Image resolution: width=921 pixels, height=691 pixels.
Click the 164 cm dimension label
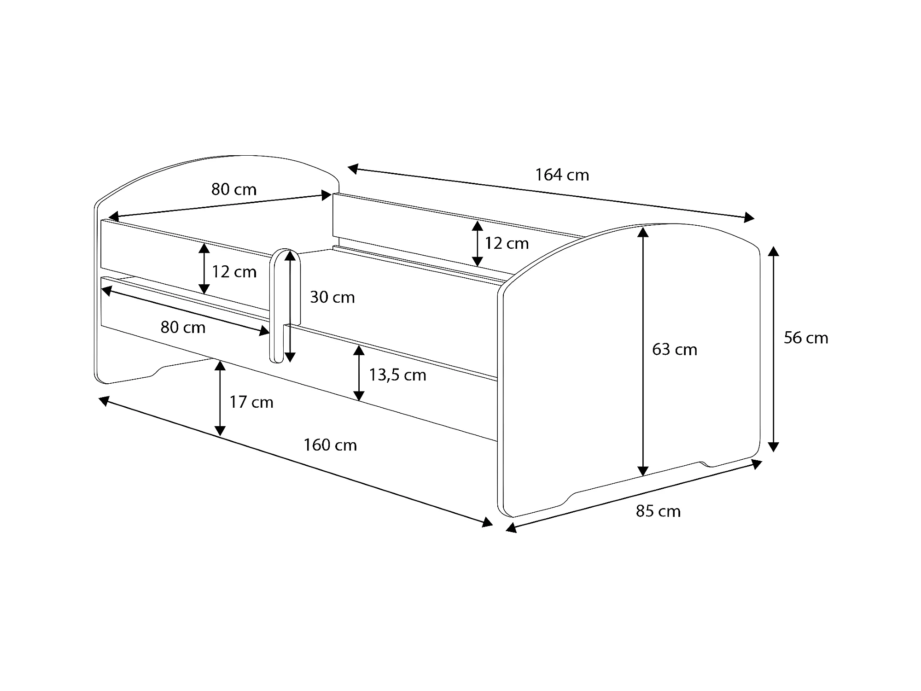[x=562, y=175]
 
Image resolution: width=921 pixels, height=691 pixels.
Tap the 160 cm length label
[x=330, y=445]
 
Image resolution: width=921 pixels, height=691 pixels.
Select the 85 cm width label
[x=658, y=511]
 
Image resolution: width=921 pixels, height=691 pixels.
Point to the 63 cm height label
[x=675, y=350]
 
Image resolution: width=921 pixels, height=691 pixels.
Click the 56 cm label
[x=806, y=338]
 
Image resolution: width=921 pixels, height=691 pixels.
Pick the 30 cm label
[x=332, y=298]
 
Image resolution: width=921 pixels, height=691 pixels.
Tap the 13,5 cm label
[x=397, y=375]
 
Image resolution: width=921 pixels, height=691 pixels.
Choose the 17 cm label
[x=251, y=402]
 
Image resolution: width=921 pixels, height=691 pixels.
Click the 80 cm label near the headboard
[x=234, y=189]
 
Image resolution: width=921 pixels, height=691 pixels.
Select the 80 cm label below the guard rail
[x=183, y=328]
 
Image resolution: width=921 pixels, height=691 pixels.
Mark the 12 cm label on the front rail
[x=234, y=272]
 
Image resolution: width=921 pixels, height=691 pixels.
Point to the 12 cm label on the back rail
[x=507, y=243]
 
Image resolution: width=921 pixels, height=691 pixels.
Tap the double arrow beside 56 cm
[x=774, y=349]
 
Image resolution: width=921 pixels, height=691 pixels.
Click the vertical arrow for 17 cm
[x=220, y=398]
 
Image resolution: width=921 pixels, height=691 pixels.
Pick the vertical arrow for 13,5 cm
[x=359, y=373]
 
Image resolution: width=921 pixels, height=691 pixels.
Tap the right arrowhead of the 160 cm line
[x=487, y=522]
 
